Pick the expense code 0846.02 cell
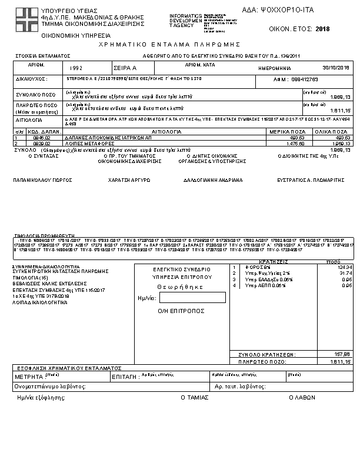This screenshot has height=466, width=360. point(36,138)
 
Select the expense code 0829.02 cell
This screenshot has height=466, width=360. point(36,142)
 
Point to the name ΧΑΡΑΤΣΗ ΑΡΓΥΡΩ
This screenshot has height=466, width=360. point(125,180)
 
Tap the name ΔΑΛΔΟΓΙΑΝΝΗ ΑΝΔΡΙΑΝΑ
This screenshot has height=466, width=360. point(212,180)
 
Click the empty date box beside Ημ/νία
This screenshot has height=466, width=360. point(184,298)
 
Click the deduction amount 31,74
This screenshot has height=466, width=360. point(345,273)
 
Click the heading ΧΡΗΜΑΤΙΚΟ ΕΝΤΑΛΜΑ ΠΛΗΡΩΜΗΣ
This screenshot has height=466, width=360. point(171,44)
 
